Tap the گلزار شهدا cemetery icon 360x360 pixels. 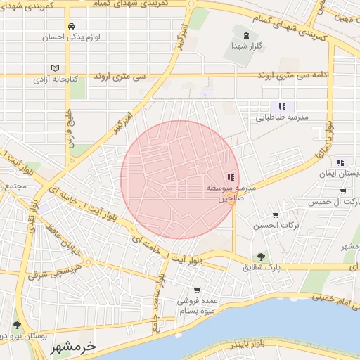coord(245,35)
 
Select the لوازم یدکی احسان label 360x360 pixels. coord(71,37)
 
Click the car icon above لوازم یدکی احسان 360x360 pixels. coord(71,27)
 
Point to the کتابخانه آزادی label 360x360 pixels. coord(55,79)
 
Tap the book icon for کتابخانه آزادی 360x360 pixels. coord(55,69)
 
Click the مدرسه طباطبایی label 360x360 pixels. coord(282,118)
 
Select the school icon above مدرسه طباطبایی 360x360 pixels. coord(282,106)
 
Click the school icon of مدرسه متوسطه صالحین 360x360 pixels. coord(231,178)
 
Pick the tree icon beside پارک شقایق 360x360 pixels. coord(261,257)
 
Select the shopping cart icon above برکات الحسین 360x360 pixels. coord(275,215)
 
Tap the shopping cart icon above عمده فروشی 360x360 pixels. coord(197,290)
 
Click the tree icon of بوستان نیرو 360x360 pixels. coord(17,326)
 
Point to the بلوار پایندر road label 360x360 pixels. coord(248,343)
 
